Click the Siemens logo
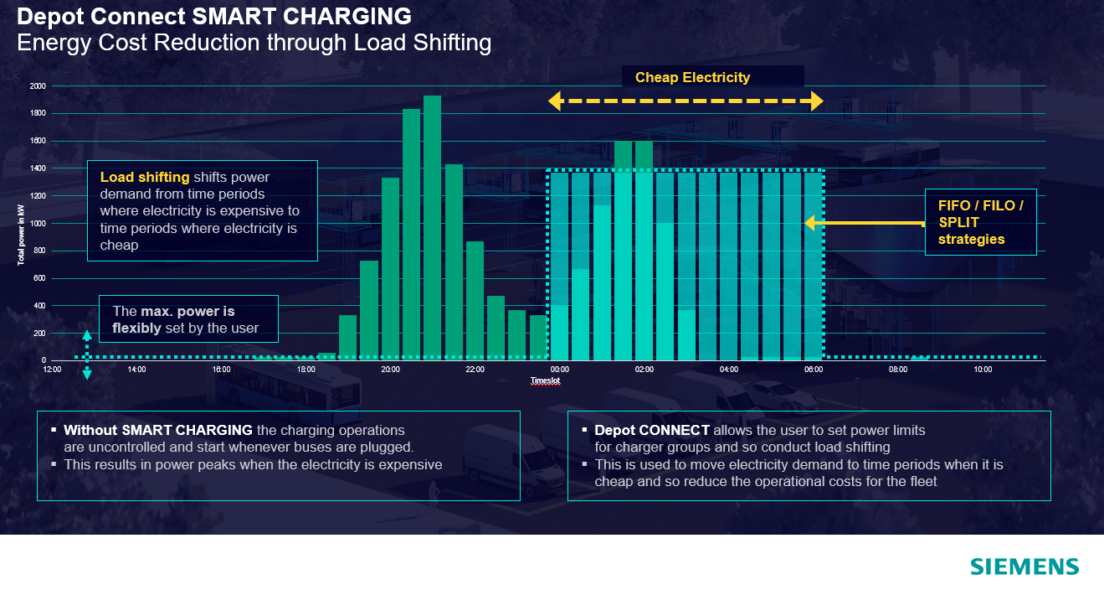pos(1024,567)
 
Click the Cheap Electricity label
pos(692,78)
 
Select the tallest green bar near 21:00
pos(432,226)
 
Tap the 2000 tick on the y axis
pos(38,86)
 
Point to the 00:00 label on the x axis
pos(559,370)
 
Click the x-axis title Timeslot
pos(545,381)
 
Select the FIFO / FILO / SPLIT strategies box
pos(980,222)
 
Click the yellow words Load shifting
pos(145,178)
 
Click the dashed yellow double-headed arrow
pos(686,101)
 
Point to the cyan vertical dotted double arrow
pos(87,355)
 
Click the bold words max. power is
pos(174,312)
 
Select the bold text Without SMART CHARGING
pos(158,430)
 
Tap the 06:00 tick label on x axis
pos(814,370)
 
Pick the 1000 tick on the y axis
pos(38,224)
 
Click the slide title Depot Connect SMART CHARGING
pos(214,16)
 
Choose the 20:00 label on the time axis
pos(390,370)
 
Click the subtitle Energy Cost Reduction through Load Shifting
pos(254,43)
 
